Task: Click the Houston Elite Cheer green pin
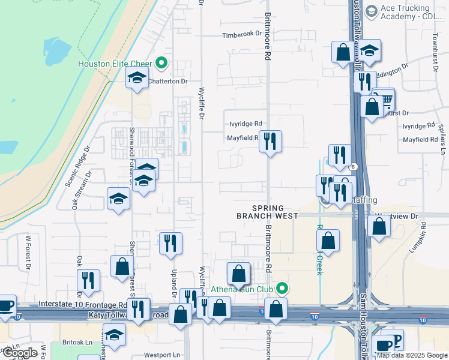tap(161, 62)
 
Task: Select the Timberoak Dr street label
tap(243, 35)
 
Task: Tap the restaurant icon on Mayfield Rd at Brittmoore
tap(270, 142)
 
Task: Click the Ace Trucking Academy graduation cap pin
tap(370, 10)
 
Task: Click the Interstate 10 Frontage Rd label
tap(82, 304)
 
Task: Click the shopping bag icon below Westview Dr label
tap(379, 227)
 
